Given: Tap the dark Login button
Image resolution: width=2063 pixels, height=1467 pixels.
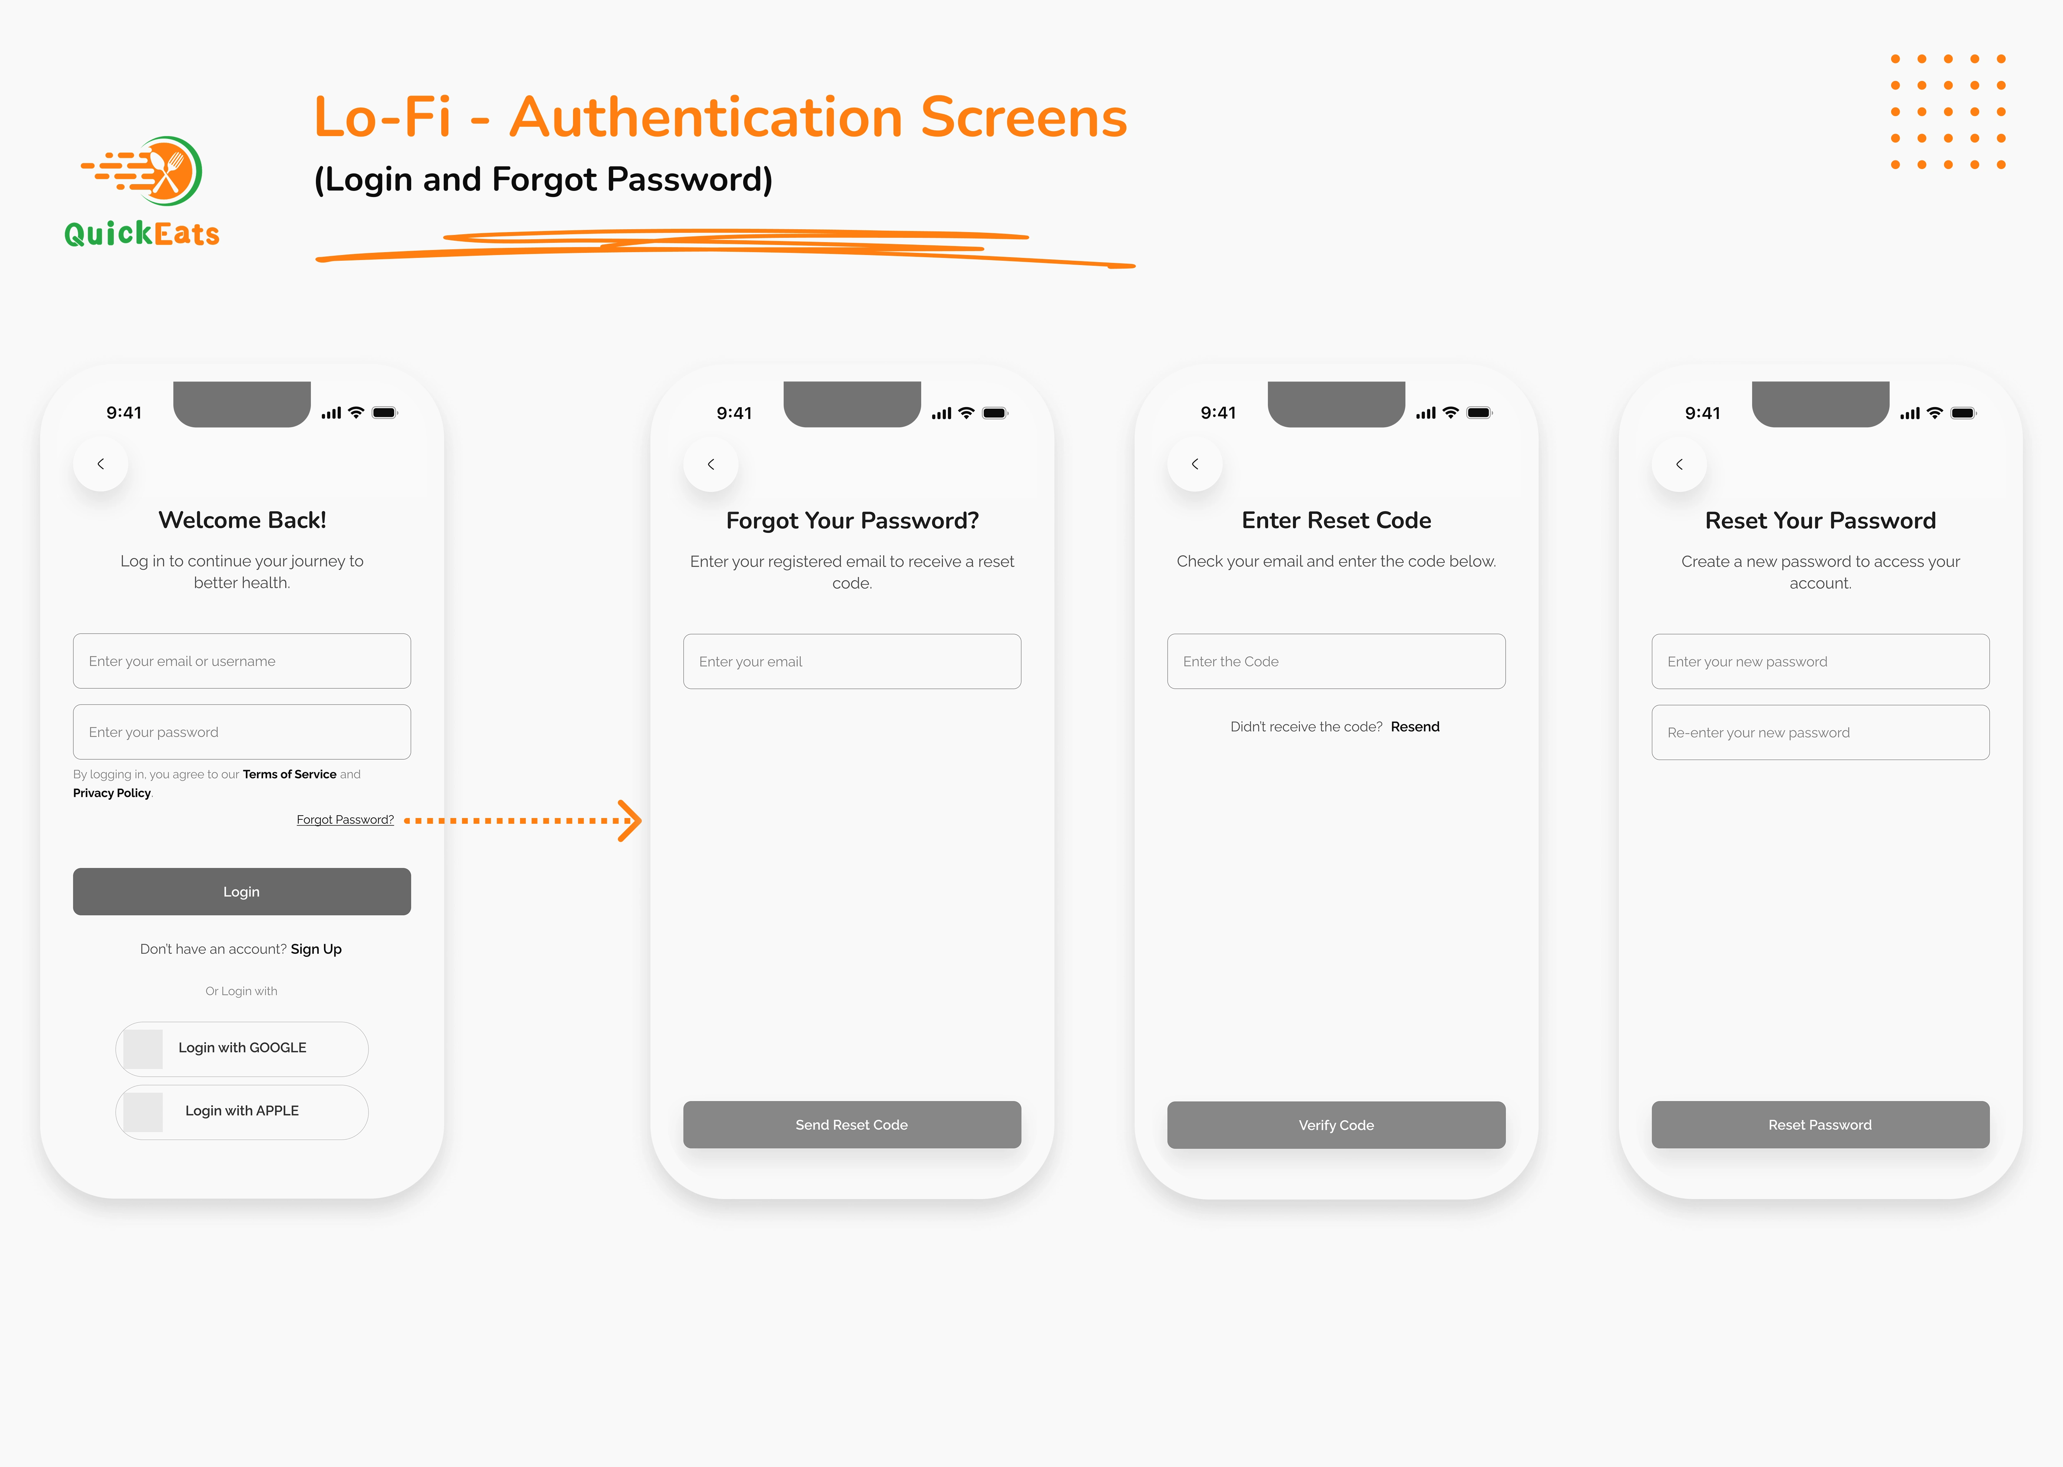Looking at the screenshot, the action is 241,891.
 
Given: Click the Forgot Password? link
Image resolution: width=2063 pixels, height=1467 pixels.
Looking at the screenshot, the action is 345,819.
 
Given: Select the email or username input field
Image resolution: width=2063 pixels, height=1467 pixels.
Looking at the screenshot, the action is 241,661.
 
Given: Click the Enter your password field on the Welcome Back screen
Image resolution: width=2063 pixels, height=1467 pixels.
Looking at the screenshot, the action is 241,732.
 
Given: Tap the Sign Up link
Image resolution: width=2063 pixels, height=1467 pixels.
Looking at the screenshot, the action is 316,948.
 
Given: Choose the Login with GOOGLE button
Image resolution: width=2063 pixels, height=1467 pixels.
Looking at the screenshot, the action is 241,1048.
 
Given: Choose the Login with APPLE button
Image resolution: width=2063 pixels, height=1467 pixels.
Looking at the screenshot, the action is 241,1111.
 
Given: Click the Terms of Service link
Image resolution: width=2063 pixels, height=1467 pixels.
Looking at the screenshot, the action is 289,774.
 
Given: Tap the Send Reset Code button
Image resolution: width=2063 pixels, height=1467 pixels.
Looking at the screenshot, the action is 852,1125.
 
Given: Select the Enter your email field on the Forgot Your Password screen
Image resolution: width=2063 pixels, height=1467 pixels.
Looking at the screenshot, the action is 852,661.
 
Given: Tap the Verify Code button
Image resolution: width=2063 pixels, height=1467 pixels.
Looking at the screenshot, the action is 1336,1125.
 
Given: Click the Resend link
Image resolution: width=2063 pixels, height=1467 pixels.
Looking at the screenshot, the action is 1414,726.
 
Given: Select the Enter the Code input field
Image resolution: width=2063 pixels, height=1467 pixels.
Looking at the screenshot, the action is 1336,661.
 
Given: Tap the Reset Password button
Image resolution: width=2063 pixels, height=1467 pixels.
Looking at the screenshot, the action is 1820,1125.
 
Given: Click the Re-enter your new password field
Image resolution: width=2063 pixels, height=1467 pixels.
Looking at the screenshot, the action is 1820,732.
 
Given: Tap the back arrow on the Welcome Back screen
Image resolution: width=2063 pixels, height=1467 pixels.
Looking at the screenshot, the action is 100,463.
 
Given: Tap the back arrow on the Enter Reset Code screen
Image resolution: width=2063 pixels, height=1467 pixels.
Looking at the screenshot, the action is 1195,463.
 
